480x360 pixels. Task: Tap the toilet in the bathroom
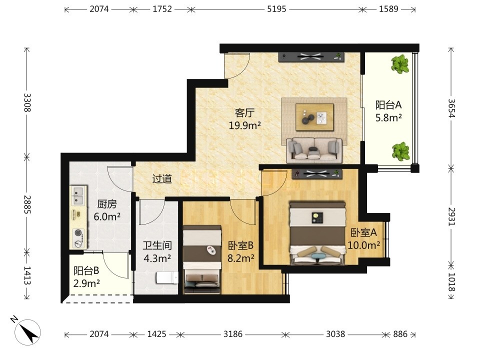(167, 278)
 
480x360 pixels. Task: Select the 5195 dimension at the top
(276, 9)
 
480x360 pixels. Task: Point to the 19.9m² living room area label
(245, 125)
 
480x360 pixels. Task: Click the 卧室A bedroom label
(363, 232)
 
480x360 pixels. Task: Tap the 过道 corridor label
(162, 179)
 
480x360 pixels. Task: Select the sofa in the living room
(314, 150)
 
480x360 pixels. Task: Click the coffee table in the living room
(314, 117)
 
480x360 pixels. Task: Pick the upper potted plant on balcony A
(400, 64)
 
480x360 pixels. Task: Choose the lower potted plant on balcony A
(400, 151)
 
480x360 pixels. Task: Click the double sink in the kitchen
(78, 196)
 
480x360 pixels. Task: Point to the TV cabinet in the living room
(311, 56)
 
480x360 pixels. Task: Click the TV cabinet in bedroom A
(316, 173)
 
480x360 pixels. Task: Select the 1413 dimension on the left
(27, 275)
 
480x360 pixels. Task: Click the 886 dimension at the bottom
(400, 333)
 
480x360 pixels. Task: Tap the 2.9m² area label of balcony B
(86, 283)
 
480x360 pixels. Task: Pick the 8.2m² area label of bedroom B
(241, 258)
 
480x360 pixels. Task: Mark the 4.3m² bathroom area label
(157, 258)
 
